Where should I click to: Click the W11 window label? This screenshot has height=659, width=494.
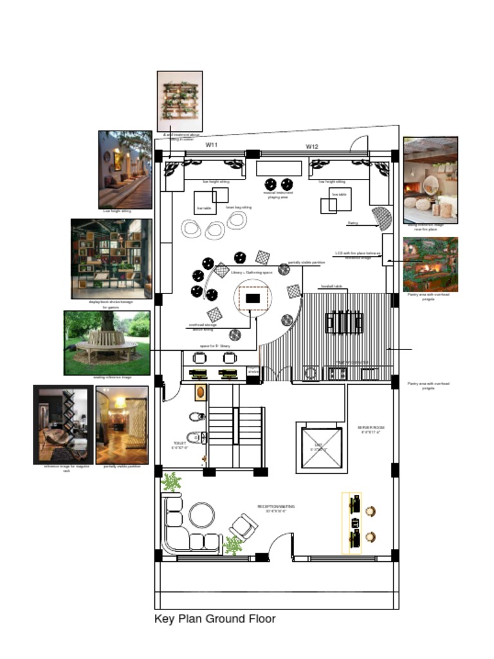click(x=212, y=145)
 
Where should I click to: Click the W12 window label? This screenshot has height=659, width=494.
click(x=312, y=147)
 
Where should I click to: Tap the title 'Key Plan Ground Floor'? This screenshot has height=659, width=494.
click(x=215, y=619)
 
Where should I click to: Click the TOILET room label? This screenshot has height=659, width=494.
click(x=179, y=445)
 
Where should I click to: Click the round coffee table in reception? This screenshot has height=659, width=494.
click(x=202, y=515)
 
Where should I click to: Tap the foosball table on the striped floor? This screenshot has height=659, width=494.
click(x=344, y=322)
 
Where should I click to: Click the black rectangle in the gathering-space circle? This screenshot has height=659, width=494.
click(x=253, y=299)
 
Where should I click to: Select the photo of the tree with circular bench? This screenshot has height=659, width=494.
click(x=107, y=343)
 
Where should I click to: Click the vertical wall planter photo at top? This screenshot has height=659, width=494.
click(x=180, y=101)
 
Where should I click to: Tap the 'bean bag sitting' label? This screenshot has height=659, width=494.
click(x=239, y=207)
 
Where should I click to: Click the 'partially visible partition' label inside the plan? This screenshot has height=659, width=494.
click(x=306, y=263)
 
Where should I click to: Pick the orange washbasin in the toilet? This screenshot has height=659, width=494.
click(x=201, y=392)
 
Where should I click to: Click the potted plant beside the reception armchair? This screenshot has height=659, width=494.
click(x=232, y=546)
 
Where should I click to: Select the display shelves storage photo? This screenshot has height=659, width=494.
click(x=111, y=259)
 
